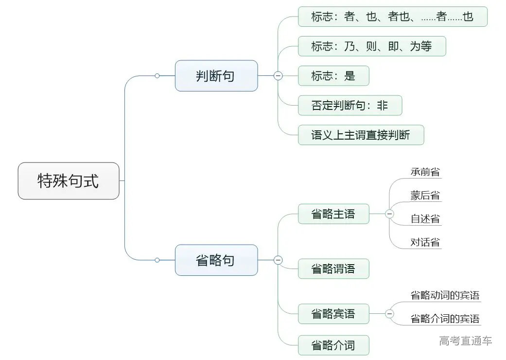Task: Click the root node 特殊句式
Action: point(69,181)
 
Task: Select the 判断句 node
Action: point(216,76)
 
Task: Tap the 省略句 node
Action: point(216,260)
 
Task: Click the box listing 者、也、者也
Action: point(392,17)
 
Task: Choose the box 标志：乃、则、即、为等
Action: point(371,46)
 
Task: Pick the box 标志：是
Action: point(333,76)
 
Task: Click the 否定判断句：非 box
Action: point(349,105)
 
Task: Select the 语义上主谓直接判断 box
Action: point(361,135)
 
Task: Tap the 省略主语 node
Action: point(333,214)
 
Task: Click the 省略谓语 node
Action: point(333,269)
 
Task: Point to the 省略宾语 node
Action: point(333,314)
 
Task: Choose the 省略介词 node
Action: point(333,345)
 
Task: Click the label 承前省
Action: point(425,172)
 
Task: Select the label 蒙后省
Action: point(425,196)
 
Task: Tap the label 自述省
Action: point(425,218)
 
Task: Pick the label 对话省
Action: point(425,242)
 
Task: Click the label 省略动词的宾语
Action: point(445,295)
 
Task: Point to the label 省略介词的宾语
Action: point(445,319)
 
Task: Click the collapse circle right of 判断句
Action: point(278,76)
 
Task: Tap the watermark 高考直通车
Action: point(466,341)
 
